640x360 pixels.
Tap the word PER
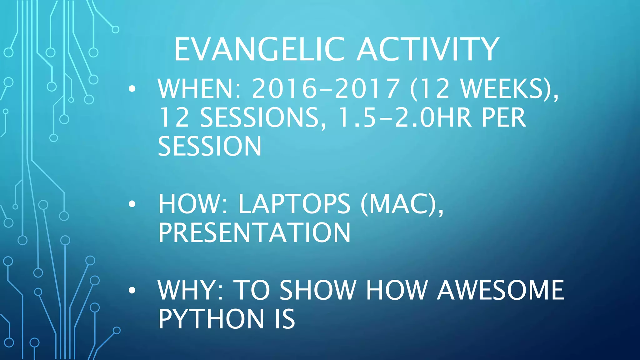pyautogui.click(x=503, y=118)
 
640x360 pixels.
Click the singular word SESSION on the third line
pyautogui.click(x=209, y=146)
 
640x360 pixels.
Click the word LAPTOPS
pyautogui.click(x=294, y=204)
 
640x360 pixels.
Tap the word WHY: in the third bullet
pyautogui.click(x=191, y=290)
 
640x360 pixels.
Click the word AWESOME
pyautogui.click(x=500, y=290)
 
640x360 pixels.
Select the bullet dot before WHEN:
pyautogui.click(x=132, y=89)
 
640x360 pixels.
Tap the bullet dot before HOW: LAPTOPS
pyautogui.click(x=132, y=204)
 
